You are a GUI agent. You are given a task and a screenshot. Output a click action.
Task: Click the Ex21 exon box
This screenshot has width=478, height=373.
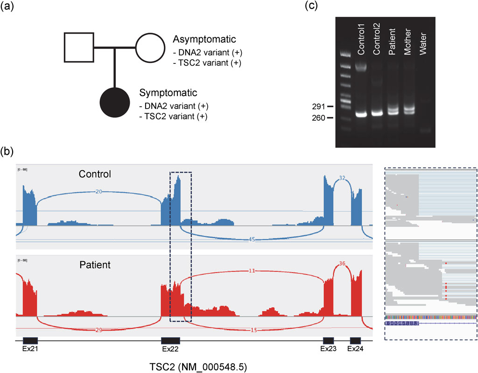click(x=30, y=340)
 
